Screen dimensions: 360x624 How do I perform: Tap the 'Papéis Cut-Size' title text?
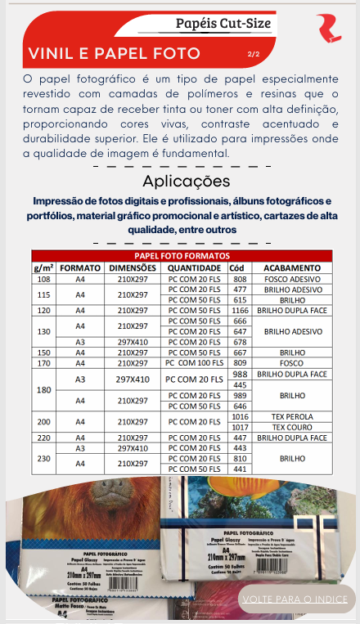[x=223, y=23]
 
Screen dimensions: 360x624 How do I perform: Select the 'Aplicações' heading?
[x=186, y=181]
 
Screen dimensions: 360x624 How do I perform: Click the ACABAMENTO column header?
[x=292, y=267]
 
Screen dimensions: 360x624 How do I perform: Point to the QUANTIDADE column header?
[x=195, y=267]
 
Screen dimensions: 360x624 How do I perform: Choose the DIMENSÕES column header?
[x=133, y=267]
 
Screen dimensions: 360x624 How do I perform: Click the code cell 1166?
[x=240, y=311]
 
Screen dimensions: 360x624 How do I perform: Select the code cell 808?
[x=240, y=279]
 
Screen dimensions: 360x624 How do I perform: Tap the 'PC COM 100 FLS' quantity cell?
[x=195, y=362]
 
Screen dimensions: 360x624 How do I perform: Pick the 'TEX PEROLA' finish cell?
[x=292, y=416]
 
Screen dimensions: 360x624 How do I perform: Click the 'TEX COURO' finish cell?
[x=292, y=427]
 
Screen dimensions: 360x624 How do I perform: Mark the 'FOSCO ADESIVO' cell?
[x=292, y=279]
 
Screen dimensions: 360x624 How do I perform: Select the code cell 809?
[x=240, y=362]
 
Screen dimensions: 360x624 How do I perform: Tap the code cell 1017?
[x=240, y=427]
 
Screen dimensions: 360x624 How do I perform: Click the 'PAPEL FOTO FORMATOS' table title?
[x=182, y=256]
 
